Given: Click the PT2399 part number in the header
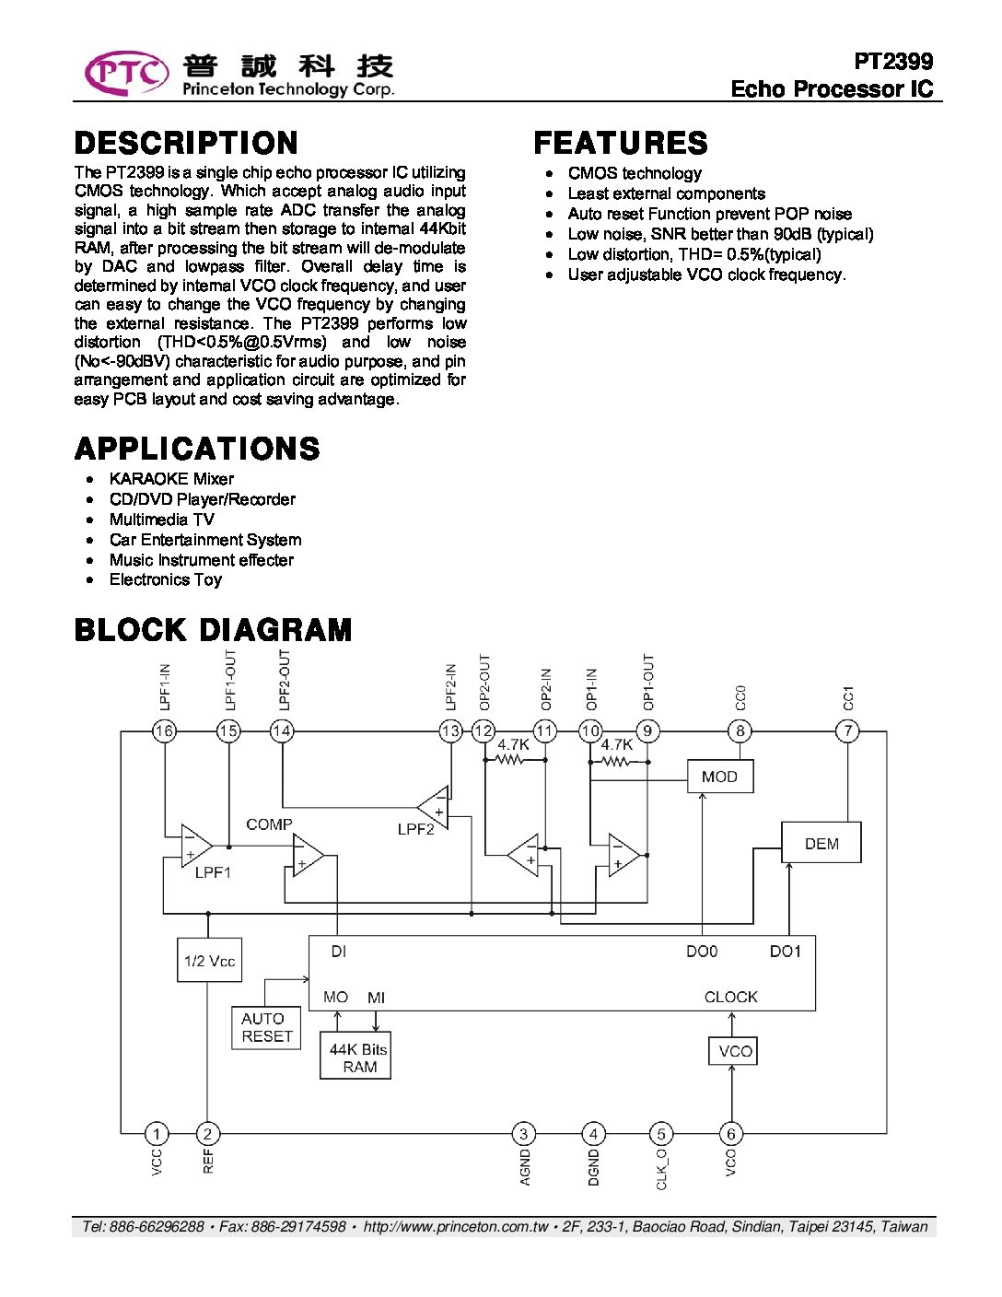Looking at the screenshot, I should coord(892,62).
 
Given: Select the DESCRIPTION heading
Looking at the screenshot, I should coord(186,143).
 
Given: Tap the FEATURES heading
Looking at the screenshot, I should coord(620,143).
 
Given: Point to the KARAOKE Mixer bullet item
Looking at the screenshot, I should coord(171,479).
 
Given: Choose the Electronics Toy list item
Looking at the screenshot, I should coord(166,579).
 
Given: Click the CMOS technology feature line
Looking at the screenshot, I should coord(635,173).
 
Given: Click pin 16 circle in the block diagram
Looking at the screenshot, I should coord(164,731).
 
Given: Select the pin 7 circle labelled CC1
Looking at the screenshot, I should coord(847,731).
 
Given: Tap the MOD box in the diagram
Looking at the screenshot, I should coord(720,777).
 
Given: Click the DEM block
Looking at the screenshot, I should coord(821,843).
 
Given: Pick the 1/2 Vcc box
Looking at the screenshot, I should coord(209,961).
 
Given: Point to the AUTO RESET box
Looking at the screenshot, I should coord(266,1027).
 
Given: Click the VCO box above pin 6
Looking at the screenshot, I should coord(733,1051).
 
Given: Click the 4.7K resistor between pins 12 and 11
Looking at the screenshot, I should coord(510,760).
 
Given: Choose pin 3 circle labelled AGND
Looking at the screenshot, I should coord(523,1134).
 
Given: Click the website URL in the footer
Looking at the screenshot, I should coord(456,1226).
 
